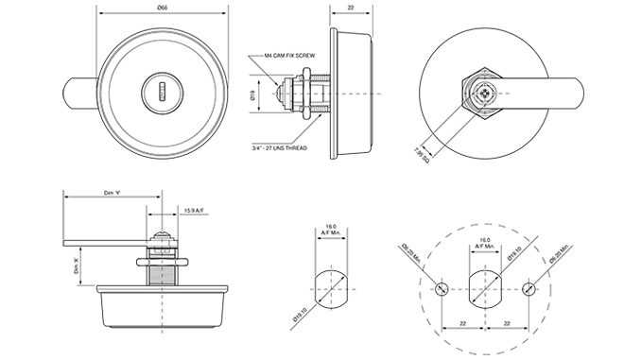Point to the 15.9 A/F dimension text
196,210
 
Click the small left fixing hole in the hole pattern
442,288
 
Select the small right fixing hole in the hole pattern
527,288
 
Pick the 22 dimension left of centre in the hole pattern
462,322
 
